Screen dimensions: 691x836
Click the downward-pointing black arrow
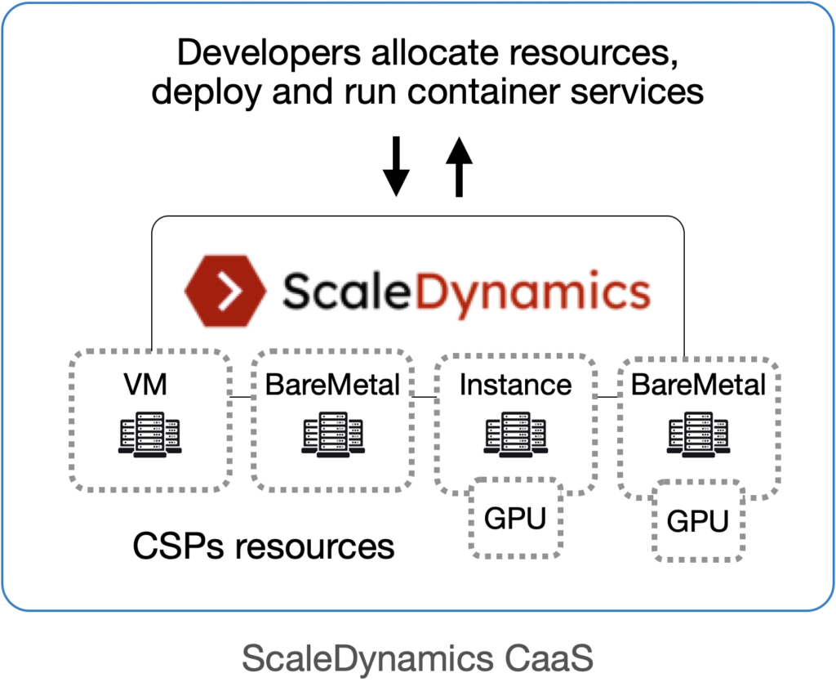pos(396,167)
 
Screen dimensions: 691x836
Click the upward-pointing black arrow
pos(460,167)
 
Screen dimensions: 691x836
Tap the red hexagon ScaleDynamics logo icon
pos(225,290)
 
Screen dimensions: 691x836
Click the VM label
pos(147,384)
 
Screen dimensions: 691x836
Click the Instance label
pos(515,384)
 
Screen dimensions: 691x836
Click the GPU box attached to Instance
pos(515,519)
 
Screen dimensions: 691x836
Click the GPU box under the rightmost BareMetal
pos(697,521)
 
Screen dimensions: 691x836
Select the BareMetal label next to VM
pos(332,384)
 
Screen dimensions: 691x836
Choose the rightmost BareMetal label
pos(699,384)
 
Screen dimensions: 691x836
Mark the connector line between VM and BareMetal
pos(240,397)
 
